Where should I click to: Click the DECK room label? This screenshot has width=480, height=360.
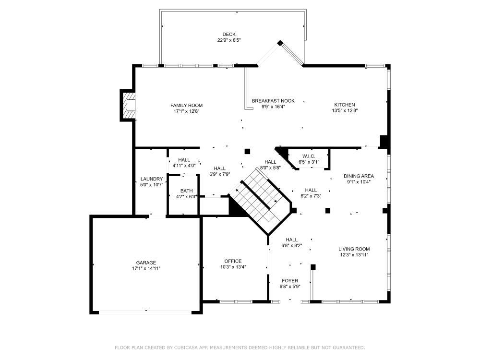click(x=228, y=34)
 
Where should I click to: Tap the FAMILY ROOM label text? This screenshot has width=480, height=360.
click(x=186, y=105)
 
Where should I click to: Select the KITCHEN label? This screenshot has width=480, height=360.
click(x=345, y=105)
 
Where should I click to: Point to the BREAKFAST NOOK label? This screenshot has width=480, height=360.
click(x=273, y=101)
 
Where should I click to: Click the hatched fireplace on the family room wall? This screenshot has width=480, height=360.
click(x=129, y=106)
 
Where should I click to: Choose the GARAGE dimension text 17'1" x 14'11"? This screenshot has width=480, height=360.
click(x=146, y=268)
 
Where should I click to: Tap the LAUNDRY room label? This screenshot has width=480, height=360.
click(x=152, y=179)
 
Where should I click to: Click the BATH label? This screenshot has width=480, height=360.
click(x=186, y=191)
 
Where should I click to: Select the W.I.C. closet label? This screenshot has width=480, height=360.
click(x=309, y=156)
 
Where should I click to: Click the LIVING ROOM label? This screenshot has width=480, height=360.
click(x=354, y=249)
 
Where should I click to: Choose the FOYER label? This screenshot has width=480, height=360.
click(x=289, y=281)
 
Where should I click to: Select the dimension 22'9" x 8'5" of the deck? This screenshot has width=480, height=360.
click(x=228, y=40)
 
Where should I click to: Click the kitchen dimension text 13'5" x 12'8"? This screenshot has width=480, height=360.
click(x=345, y=110)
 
